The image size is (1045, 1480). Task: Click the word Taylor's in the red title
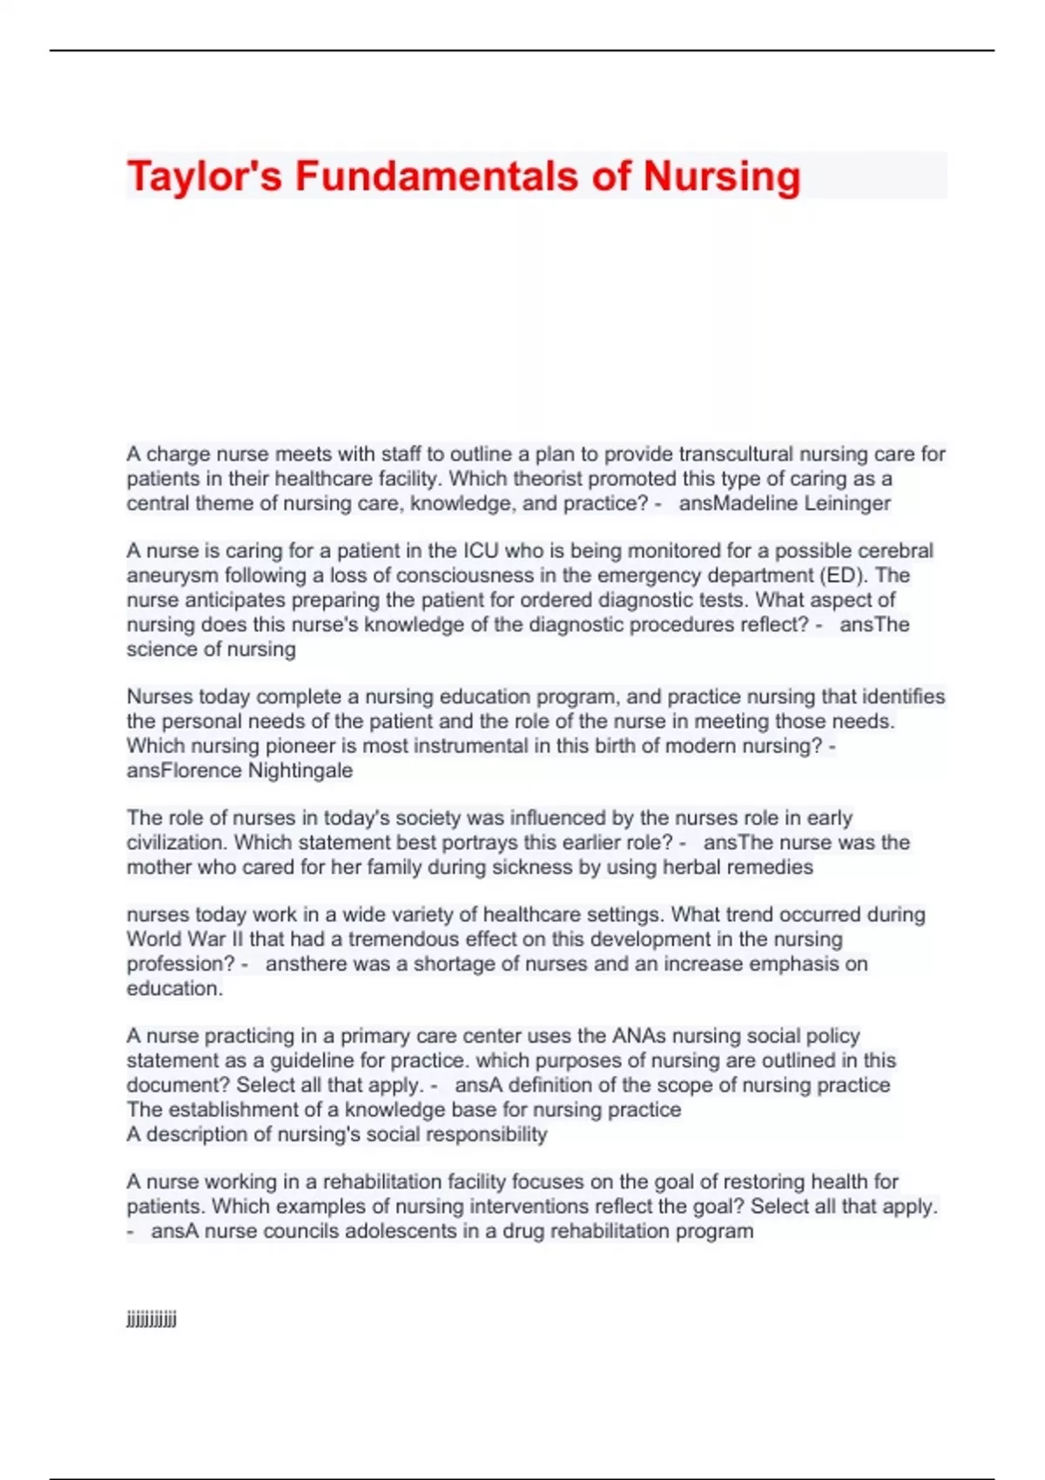coord(205,177)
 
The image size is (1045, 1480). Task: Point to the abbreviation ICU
coord(481,551)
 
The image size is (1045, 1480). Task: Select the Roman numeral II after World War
coord(235,939)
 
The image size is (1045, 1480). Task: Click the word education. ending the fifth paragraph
coord(174,988)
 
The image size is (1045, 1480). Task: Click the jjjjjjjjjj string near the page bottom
coord(152,1320)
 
